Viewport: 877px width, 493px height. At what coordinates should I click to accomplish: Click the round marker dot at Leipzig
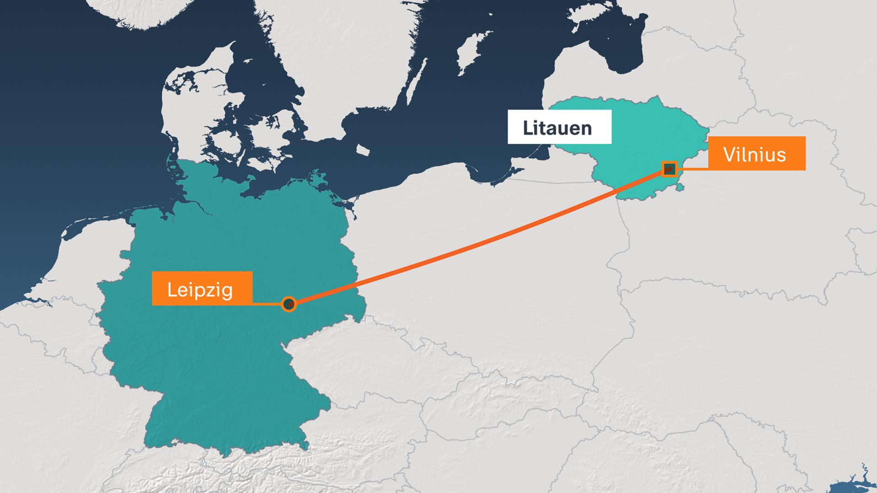[x=289, y=304]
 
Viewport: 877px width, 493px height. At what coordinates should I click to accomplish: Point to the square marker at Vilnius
[x=670, y=169]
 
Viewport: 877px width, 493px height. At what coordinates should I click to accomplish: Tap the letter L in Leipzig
[x=171, y=289]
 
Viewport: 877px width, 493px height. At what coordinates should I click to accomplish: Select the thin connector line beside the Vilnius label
[x=692, y=169]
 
